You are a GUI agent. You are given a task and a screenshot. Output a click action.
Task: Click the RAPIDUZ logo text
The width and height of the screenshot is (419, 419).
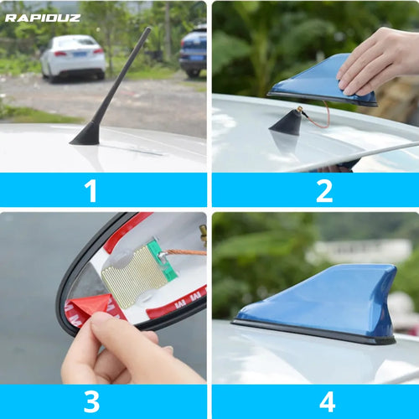[x=43, y=17]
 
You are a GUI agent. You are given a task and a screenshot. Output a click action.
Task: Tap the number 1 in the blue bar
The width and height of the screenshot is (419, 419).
[x=91, y=190]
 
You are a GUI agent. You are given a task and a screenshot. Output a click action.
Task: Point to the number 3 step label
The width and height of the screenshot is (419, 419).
[x=91, y=401]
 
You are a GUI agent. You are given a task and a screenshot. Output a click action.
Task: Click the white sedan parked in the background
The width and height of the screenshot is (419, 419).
[x=74, y=56]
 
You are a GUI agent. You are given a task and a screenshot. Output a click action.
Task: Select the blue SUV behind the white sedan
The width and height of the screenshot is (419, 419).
[x=194, y=50]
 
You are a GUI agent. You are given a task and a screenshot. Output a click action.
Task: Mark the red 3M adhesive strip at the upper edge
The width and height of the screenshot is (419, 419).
[x=126, y=231]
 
